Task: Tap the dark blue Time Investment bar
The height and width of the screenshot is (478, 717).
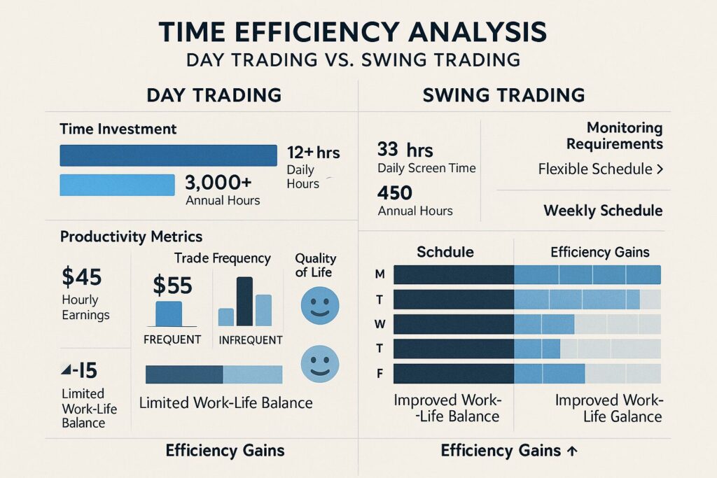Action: pyautogui.click(x=168, y=155)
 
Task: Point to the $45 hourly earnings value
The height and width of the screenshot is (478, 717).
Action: pyautogui.click(x=82, y=277)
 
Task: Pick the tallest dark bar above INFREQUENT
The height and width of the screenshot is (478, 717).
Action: pyautogui.click(x=244, y=302)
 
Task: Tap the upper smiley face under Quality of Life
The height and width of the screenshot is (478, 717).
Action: pyautogui.click(x=319, y=306)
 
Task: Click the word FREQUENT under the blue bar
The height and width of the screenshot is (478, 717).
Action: pyautogui.click(x=172, y=340)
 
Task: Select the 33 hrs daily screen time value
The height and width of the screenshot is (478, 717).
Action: pyautogui.click(x=405, y=150)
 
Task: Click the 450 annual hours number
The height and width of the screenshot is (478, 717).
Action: pyautogui.click(x=395, y=192)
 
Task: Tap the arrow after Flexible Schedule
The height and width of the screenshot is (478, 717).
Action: pyautogui.click(x=660, y=169)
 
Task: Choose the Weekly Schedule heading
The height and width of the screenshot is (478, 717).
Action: pyautogui.click(x=603, y=211)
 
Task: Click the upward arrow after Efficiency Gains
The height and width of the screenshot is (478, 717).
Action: pyautogui.click(x=571, y=451)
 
